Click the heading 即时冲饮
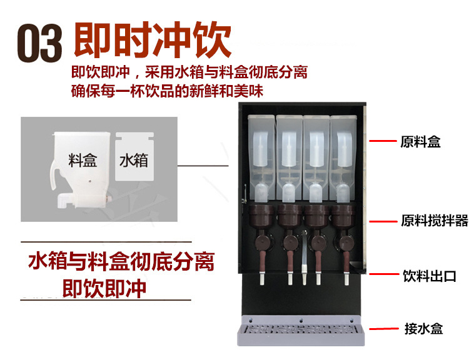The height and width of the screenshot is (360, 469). pyautogui.click(x=153, y=39)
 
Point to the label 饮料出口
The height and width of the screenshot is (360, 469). pyautogui.click(x=428, y=276)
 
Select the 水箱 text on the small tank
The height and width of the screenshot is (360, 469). pyautogui.click(x=133, y=161)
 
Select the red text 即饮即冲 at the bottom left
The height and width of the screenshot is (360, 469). pyautogui.click(x=104, y=288)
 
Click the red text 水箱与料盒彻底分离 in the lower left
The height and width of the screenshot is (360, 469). pyautogui.click(x=121, y=261)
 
